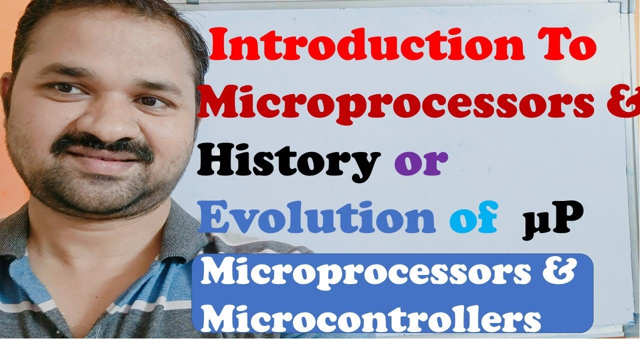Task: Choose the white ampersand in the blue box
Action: click(558, 273)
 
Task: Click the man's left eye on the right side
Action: click(147, 100)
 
